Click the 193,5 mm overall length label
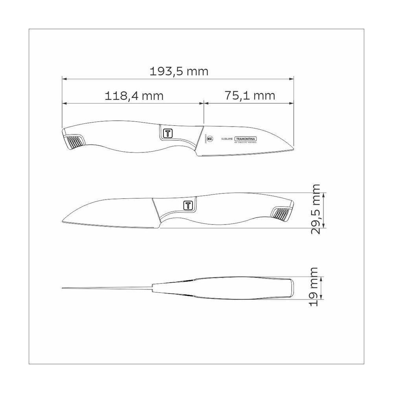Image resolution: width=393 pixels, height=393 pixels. [179, 72]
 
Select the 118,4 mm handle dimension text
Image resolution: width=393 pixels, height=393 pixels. [134, 95]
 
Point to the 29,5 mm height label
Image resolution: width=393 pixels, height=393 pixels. [315, 209]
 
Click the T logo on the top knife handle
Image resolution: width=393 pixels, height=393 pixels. [167, 133]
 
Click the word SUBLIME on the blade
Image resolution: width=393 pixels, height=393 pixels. [227, 139]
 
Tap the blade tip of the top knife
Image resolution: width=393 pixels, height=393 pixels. [293, 148]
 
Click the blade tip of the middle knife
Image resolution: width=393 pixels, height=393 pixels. [64, 221]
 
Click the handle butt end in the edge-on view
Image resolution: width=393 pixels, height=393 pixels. [292, 288]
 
